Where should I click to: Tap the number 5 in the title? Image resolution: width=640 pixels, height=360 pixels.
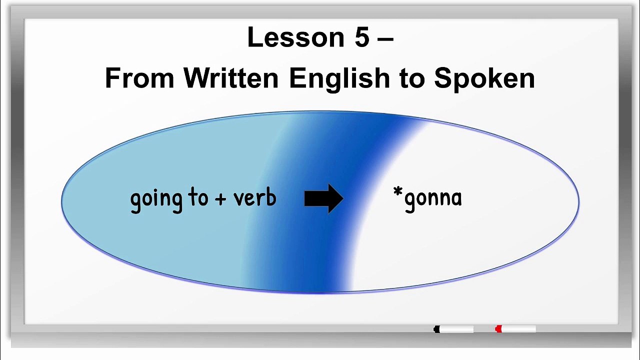(x=361, y=37)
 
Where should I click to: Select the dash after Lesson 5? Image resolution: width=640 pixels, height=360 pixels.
(x=385, y=39)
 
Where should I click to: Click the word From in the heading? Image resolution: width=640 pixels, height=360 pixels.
(x=139, y=78)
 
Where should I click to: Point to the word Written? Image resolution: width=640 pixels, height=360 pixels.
(x=231, y=78)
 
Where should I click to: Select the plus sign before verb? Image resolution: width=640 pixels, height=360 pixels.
(x=220, y=199)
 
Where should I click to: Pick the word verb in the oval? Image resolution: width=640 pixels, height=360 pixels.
(x=255, y=198)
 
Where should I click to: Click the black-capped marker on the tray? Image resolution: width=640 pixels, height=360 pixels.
(x=454, y=329)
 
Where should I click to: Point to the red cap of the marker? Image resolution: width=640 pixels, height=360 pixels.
(x=498, y=329)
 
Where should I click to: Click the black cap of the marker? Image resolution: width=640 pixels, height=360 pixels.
(x=436, y=329)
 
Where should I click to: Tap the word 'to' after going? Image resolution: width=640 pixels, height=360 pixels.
(x=198, y=198)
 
